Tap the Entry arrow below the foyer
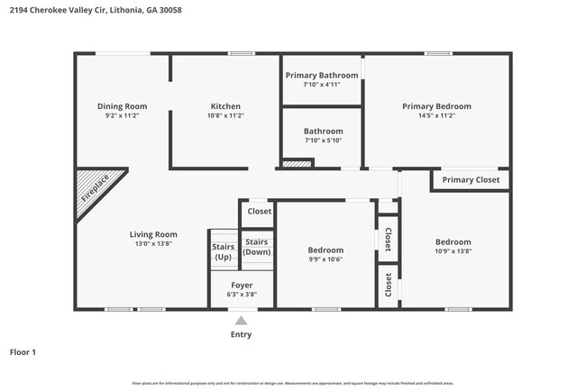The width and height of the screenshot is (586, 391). tap(241, 320)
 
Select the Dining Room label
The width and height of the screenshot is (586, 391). tap(122, 106)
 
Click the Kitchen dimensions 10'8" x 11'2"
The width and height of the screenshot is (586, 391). tap(225, 116)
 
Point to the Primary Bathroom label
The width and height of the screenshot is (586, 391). tap(322, 75)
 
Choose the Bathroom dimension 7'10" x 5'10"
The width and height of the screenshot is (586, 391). tap(323, 141)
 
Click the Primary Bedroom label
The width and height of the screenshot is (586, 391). tap(436, 106)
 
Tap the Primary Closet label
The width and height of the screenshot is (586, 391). tap(471, 180)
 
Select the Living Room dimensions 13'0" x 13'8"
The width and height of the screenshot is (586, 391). tap(152, 244)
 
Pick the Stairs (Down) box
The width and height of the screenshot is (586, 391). tap(257, 247)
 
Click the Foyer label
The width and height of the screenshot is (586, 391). tap(241, 286)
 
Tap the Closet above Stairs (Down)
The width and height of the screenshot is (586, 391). tap(260, 212)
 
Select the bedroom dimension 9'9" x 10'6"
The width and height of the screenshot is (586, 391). tap(325, 259)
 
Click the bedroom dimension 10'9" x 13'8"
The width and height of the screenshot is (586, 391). tap(453, 251)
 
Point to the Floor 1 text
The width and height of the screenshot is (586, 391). tap(23, 352)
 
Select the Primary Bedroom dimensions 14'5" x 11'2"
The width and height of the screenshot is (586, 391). tap(436, 116)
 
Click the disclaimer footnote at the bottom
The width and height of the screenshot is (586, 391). tap(293, 382)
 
